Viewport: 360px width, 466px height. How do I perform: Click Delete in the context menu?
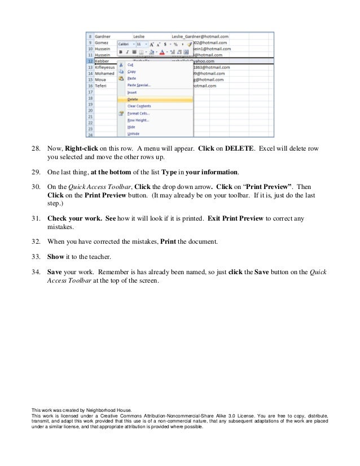133,99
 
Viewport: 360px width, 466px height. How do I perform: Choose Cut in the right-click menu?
131,64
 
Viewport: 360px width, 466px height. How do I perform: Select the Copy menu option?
131,72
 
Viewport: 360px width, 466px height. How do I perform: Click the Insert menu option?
133,92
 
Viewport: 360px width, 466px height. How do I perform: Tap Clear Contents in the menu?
139,105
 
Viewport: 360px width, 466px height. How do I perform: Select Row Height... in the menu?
138,120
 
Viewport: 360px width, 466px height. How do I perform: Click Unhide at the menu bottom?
134,134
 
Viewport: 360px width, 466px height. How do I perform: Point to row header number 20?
90,111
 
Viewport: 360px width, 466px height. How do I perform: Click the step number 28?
36,149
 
